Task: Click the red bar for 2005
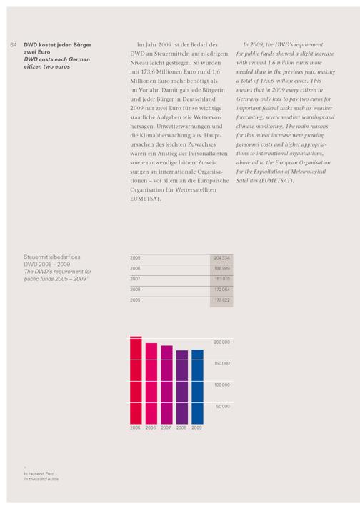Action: coord(136,380)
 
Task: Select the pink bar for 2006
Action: coord(151,384)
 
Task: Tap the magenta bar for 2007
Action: coord(166,385)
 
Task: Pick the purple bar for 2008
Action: coord(182,387)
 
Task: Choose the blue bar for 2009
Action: coord(198,387)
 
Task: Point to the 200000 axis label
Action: coord(222,342)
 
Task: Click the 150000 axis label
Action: coord(222,364)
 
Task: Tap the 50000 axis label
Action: coord(223,407)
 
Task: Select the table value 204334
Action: coord(222,258)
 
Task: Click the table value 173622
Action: coord(222,300)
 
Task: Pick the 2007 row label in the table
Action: coord(135,279)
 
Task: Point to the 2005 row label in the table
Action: coord(135,258)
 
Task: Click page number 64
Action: coord(14,45)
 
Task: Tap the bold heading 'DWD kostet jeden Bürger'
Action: coord(57,45)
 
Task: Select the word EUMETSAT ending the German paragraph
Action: coord(145,199)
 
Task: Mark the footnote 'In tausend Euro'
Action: coord(39,474)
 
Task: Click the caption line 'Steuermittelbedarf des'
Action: coord(52,257)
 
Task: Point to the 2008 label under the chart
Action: coord(181,428)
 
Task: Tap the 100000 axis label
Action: coord(222,385)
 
